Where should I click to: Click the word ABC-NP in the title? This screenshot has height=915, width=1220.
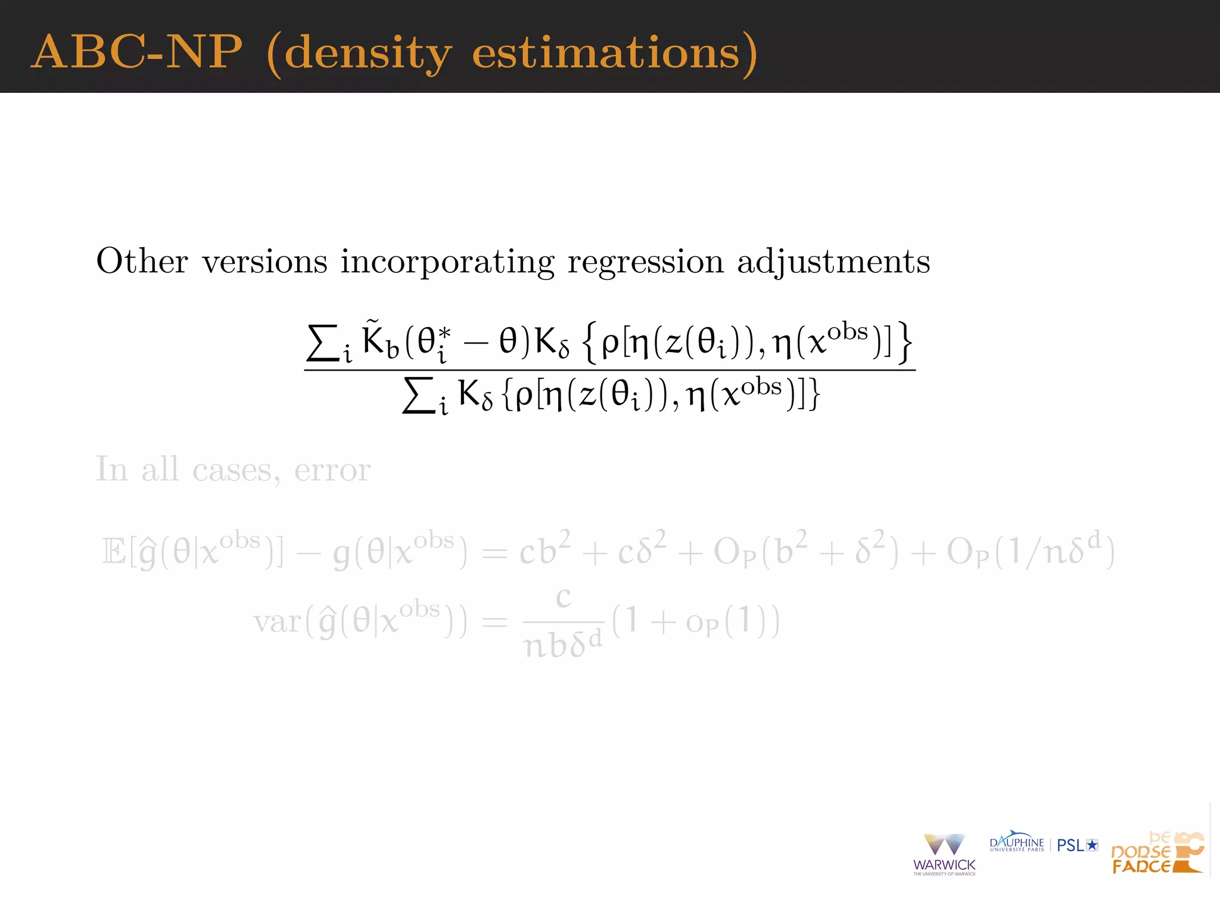(137, 52)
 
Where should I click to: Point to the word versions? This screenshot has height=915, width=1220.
(264, 262)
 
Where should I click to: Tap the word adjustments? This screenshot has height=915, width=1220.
(833, 262)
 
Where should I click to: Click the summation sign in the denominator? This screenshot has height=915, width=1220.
(419, 396)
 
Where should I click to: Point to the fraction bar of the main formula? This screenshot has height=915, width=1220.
(609, 370)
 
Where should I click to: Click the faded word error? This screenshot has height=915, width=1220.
(332, 470)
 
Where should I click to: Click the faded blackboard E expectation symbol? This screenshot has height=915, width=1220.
(113, 551)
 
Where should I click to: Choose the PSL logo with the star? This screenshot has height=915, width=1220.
(1077, 845)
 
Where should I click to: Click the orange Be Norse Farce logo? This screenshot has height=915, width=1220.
(1157, 853)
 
